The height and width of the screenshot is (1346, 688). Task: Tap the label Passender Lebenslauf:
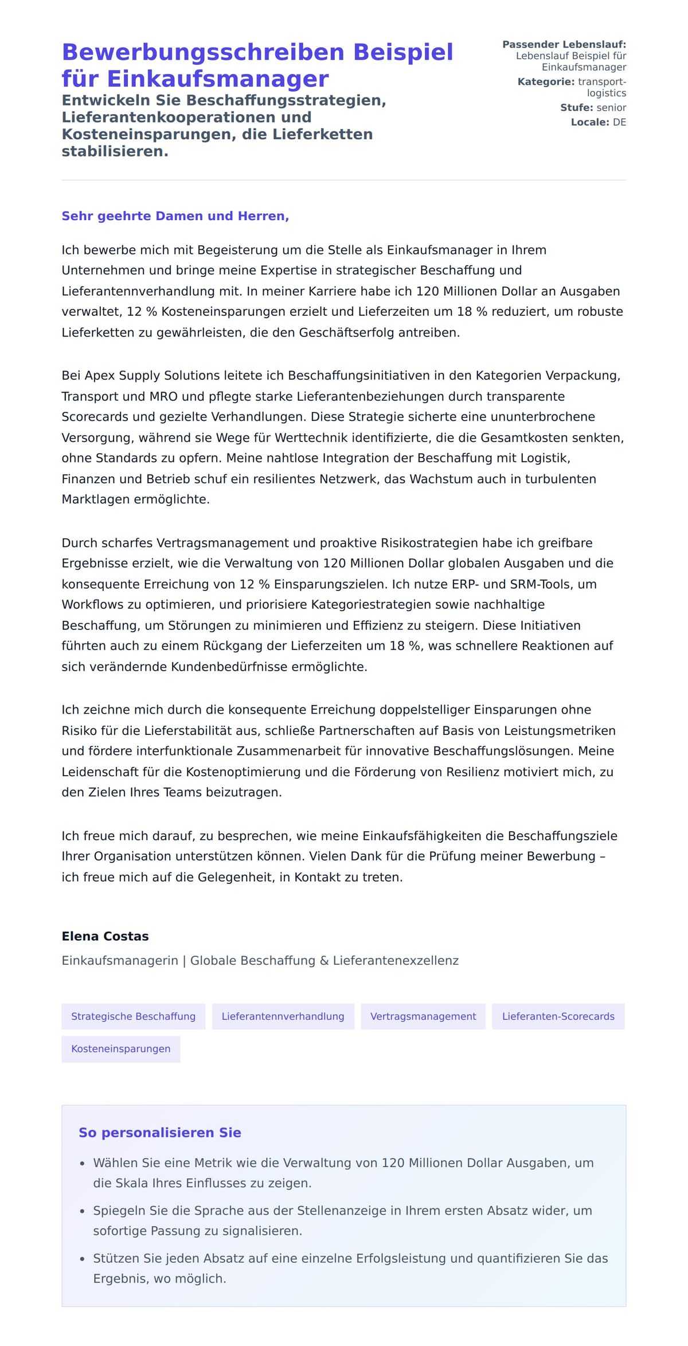[564, 44]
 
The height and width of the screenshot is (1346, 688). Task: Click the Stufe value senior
[611, 108]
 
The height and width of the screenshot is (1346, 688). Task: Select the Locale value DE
[619, 122]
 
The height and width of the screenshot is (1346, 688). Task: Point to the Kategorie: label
[546, 82]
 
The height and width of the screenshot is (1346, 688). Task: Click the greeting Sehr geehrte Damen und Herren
[175, 216]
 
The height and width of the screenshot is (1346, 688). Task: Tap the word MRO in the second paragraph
[163, 397]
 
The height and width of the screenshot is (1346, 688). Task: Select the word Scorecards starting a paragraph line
[94, 417]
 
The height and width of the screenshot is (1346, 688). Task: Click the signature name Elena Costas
[105, 936]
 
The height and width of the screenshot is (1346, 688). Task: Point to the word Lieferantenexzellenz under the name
[396, 961]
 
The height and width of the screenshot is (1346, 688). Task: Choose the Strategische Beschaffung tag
[133, 1016]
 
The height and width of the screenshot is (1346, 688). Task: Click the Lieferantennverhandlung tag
[283, 1016]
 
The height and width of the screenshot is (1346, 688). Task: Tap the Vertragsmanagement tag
[423, 1016]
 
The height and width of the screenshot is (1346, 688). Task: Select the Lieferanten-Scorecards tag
[558, 1016]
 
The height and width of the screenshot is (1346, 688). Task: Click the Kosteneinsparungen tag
[120, 1049]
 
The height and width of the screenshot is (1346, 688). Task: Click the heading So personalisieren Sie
[159, 1133]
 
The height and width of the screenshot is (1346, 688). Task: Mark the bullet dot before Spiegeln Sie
[82, 1212]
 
